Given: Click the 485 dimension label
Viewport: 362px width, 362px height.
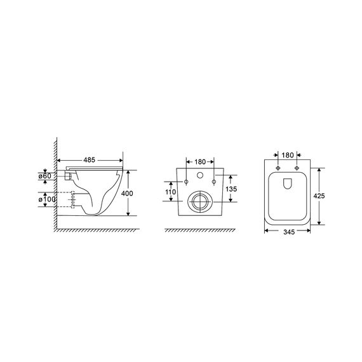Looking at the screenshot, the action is (x=89, y=160).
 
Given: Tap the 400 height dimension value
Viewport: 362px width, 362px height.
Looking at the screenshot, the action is (x=127, y=193).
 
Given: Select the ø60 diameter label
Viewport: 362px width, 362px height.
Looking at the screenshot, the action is (x=45, y=176).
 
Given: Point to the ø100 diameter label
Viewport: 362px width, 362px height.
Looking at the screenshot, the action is (x=47, y=199).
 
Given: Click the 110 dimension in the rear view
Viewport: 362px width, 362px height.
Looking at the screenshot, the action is (x=171, y=192).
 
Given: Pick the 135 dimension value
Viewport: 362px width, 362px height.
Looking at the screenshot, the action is (x=231, y=189).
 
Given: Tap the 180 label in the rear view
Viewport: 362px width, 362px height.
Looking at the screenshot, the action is (x=200, y=162).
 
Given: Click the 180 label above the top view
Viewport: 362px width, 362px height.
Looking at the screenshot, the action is (x=288, y=155).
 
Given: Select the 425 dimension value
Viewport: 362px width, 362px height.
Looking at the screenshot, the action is (x=319, y=196).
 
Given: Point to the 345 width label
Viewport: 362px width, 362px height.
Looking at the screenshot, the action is (x=289, y=232).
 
